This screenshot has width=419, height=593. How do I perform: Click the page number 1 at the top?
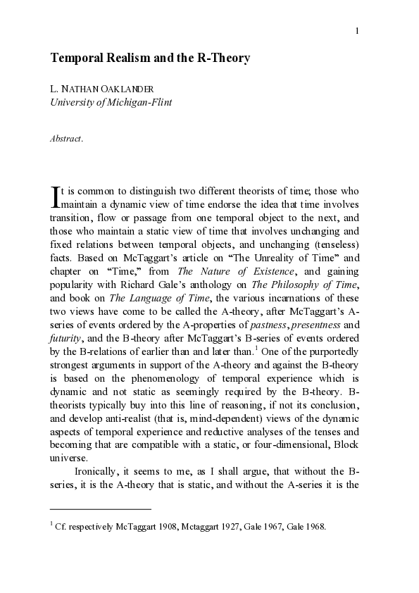[x=358, y=30]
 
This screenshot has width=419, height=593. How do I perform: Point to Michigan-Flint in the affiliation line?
[x=138, y=102]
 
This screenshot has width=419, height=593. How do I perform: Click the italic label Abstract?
[x=66, y=139]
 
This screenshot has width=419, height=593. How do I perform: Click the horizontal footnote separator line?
[x=101, y=508]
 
